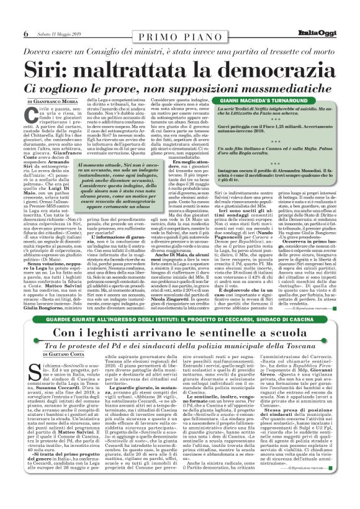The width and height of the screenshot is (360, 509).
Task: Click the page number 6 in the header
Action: (x=9, y=16)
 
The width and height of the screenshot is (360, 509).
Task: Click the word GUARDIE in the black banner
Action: (x=31, y=319)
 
